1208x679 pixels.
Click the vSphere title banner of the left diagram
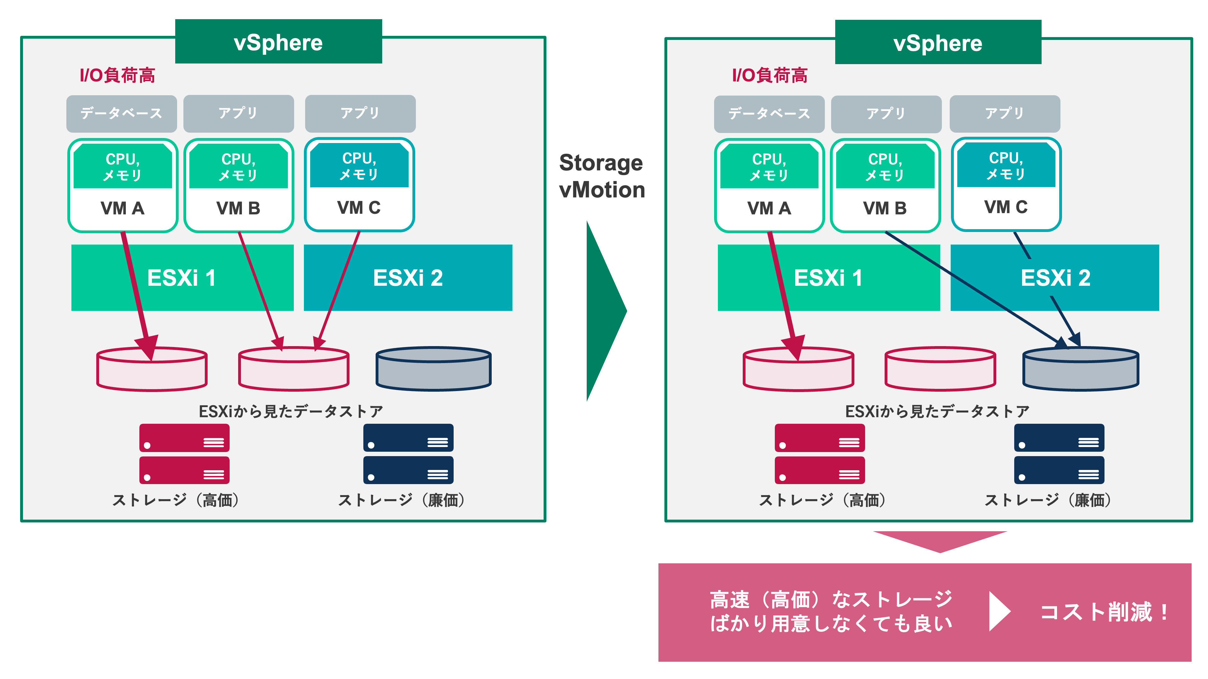point(278,42)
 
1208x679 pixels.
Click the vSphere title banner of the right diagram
point(938,43)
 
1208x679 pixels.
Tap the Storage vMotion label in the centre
point(602,176)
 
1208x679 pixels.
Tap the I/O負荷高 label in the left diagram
point(117,75)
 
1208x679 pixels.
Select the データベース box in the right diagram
point(769,114)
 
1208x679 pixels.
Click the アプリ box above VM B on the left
point(238,113)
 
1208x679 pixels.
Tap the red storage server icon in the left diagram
point(184,454)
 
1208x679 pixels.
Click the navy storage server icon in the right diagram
point(1059,454)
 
